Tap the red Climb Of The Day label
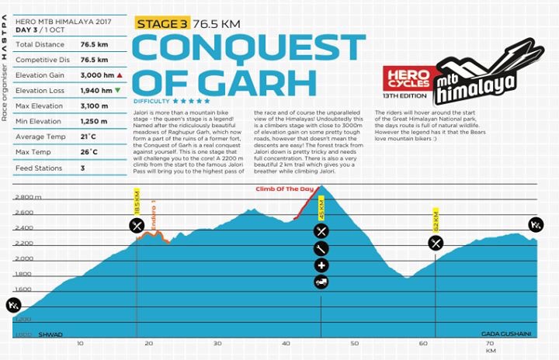(279, 189)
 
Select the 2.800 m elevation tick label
(28, 197)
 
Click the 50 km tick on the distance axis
(355, 343)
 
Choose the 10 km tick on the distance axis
(79, 343)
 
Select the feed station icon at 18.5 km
(137, 226)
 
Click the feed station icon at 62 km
(436, 243)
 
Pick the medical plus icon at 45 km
(321, 265)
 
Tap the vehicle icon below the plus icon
(321, 282)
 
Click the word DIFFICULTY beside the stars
(151, 101)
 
